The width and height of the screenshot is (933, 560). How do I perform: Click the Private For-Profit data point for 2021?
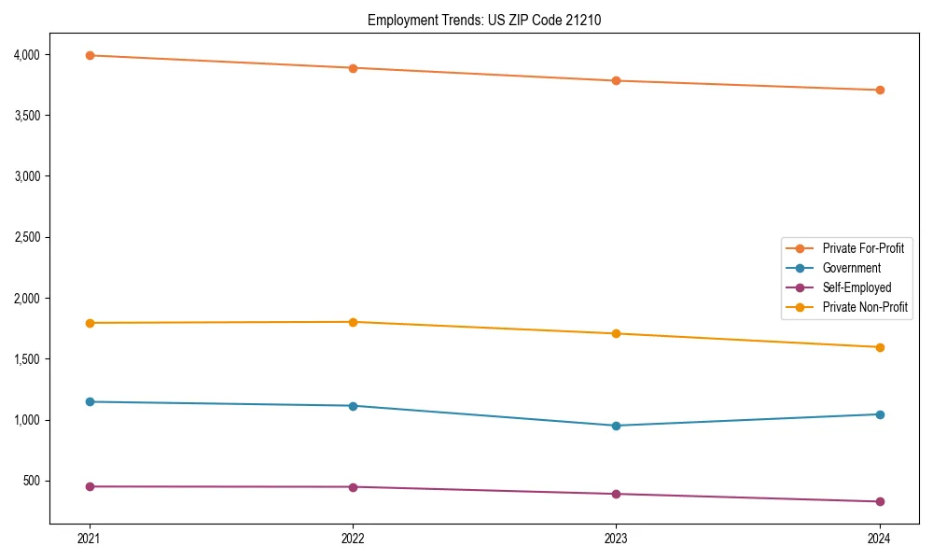90,55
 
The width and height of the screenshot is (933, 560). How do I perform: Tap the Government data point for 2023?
616,426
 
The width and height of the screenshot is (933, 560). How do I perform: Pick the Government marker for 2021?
90,401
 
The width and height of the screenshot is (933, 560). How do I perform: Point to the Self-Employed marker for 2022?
353,486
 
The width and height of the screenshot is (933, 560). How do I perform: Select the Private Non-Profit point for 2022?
353,322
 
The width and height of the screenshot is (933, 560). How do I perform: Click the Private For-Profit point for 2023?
616,80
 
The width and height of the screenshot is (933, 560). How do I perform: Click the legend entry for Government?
851,268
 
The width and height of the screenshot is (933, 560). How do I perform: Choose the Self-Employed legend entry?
856,287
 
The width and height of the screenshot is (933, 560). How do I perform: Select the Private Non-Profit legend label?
865,307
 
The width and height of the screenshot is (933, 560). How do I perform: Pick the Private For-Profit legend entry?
863,248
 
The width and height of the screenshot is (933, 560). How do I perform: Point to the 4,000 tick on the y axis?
27,55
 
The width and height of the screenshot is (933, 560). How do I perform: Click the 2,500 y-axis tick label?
27,237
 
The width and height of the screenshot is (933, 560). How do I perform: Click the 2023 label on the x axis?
616,539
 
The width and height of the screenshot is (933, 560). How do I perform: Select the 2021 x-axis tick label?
90,539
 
